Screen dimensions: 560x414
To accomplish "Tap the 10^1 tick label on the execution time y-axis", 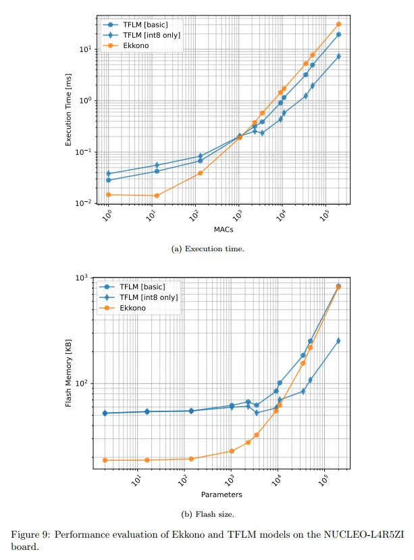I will click(x=86, y=49).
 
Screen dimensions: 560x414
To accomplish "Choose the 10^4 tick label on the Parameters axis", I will click(x=277, y=480).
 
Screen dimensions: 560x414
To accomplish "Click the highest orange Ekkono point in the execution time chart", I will click(x=338, y=24).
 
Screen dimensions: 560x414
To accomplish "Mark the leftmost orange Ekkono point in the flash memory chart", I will click(x=105, y=460).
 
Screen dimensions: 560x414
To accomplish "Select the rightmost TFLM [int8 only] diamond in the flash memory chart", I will click(x=338, y=340).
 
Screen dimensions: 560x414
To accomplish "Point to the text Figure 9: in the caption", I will click(x=30, y=534).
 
